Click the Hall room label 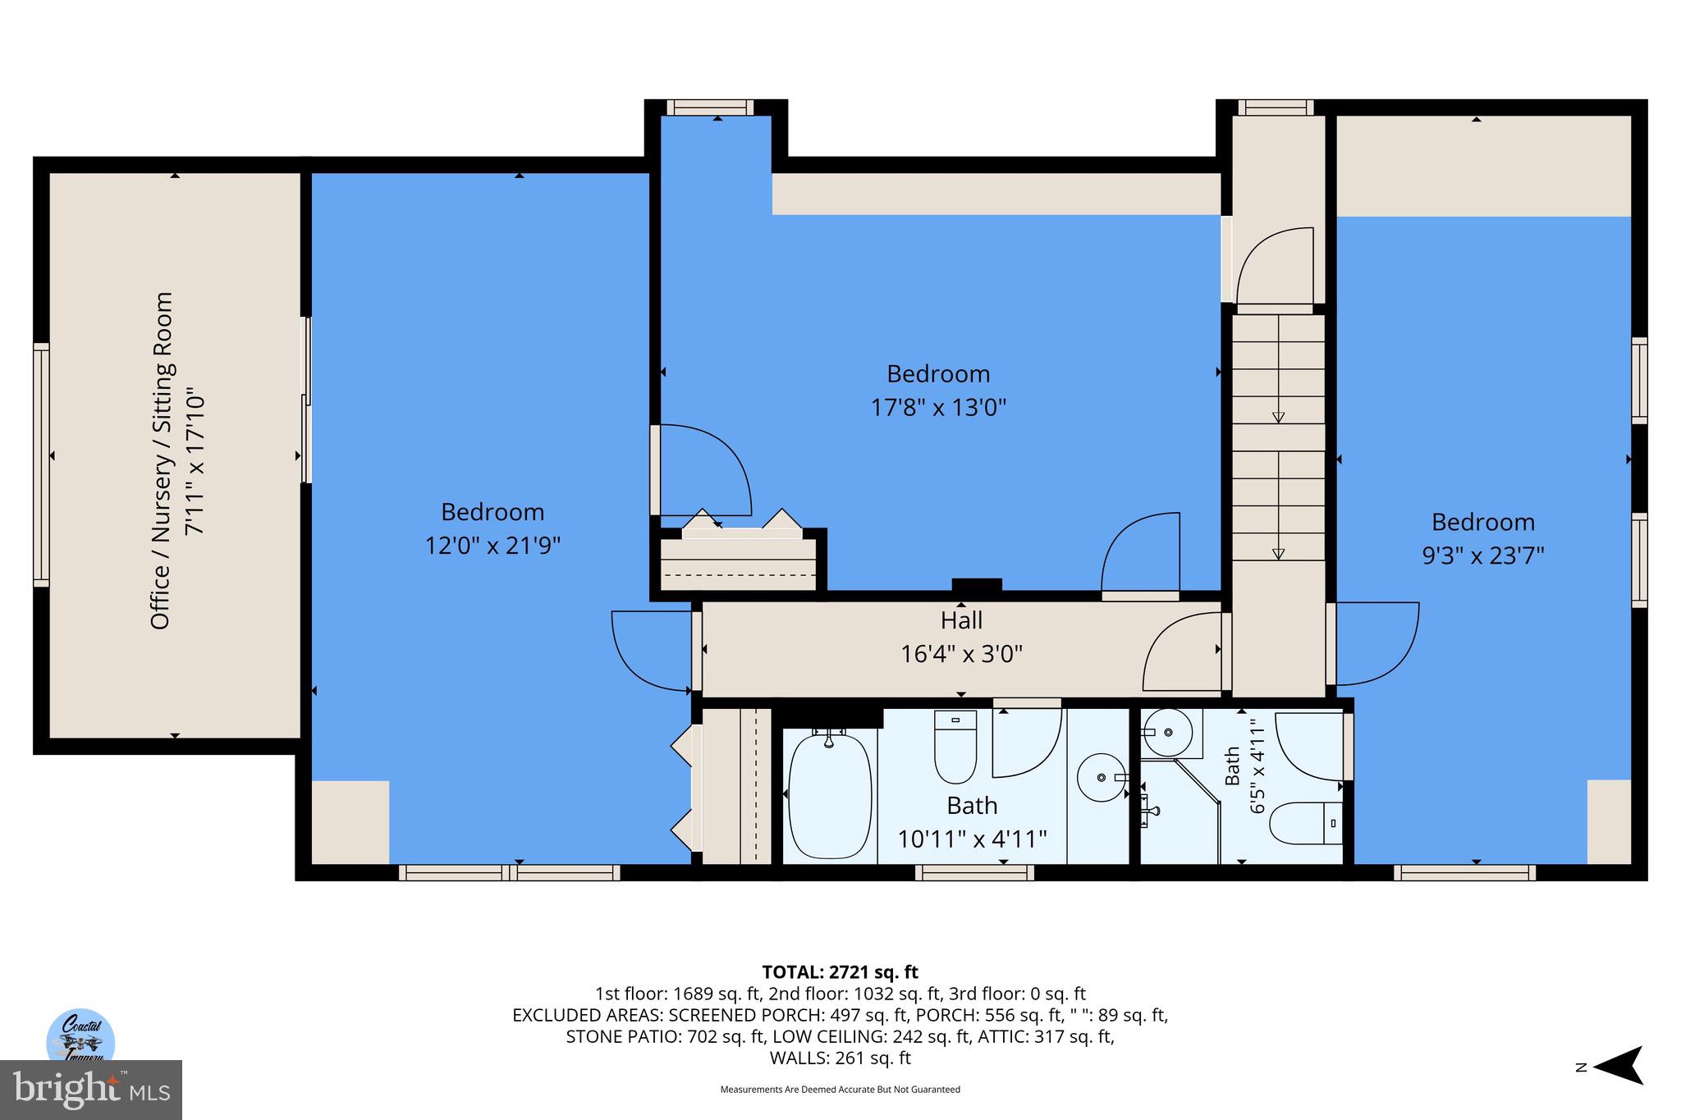coord(961,621)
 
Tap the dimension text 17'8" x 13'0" coord(938,408)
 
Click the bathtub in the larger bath coord(829,796)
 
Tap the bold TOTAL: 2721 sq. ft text coord(840,972)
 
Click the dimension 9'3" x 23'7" coord(1482,556)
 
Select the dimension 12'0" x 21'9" coord(492,546)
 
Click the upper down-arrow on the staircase coord(1278,417)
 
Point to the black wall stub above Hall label coord(977,585)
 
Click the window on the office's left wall coord(40,464)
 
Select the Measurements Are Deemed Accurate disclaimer coord(840,1090)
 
